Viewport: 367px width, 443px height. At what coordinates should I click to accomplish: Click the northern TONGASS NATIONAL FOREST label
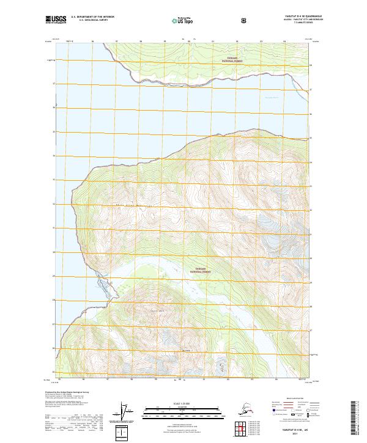click(x=231, y=60)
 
